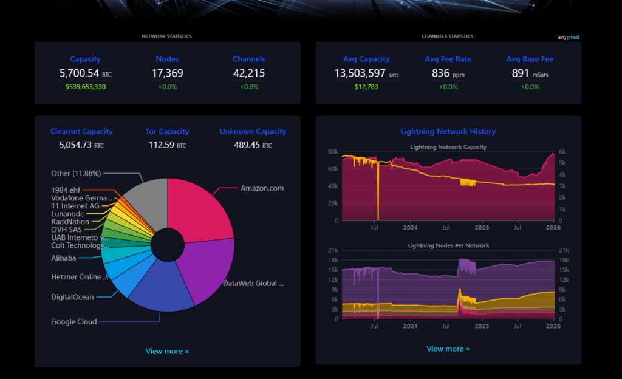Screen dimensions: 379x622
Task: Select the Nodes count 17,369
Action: [167, 73]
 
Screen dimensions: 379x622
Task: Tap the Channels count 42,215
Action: [248, 73]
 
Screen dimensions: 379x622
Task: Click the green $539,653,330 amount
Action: [85, 87]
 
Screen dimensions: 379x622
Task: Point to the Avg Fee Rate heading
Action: [448, 59]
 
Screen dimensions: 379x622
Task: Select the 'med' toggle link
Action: [574, 37]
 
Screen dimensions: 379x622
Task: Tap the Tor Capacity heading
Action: [167, 131]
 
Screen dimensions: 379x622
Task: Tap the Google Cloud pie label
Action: [73, 322]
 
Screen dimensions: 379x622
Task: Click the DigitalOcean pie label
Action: [72, 297]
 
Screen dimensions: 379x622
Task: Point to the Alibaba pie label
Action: [63, 258]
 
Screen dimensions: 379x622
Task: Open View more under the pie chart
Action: [167, 351]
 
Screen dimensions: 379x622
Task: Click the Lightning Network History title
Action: [448, 131]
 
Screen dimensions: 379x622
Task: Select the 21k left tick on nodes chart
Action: [332, 250]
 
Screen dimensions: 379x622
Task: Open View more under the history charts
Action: [448, 349]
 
